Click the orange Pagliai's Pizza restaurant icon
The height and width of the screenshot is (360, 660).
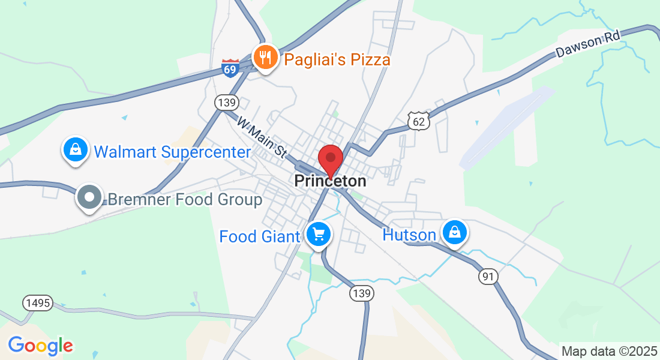pyautogui.click(x=265, y=58)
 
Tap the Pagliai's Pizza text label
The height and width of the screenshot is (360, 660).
pyautogui.click(x=337, y=59)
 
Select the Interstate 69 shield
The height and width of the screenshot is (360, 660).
pyautogui.click(x=230, y=67)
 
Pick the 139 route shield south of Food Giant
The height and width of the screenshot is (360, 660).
pyautogui.click(x=362, y=293)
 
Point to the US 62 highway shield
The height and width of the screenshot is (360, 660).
pyautogui.click(x=419, y=121)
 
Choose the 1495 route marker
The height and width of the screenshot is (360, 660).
pyautogui.click(x=38, y=303)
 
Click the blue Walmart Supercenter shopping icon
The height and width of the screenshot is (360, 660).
pyautogui.click(x=76, y=150)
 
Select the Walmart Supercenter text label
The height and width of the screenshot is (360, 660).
pyautogui.click(x=172, y=152)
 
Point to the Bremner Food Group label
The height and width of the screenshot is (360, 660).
pyautogui.click(x=185, y=199)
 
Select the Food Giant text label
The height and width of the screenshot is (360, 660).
pyautogui.click(x=259, y=236)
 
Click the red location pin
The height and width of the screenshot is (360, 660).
pyautogui.click(x=330, y=160)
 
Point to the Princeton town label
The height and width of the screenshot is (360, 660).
pyautogui.click(x=330, y=181)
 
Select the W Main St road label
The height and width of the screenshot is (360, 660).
pyautogui.click(x=262, y=137)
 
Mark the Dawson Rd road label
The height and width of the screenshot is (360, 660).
pyautogui.click(x=586, y=44)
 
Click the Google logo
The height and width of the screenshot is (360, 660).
pyautogui.click(x=40, y=346)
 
